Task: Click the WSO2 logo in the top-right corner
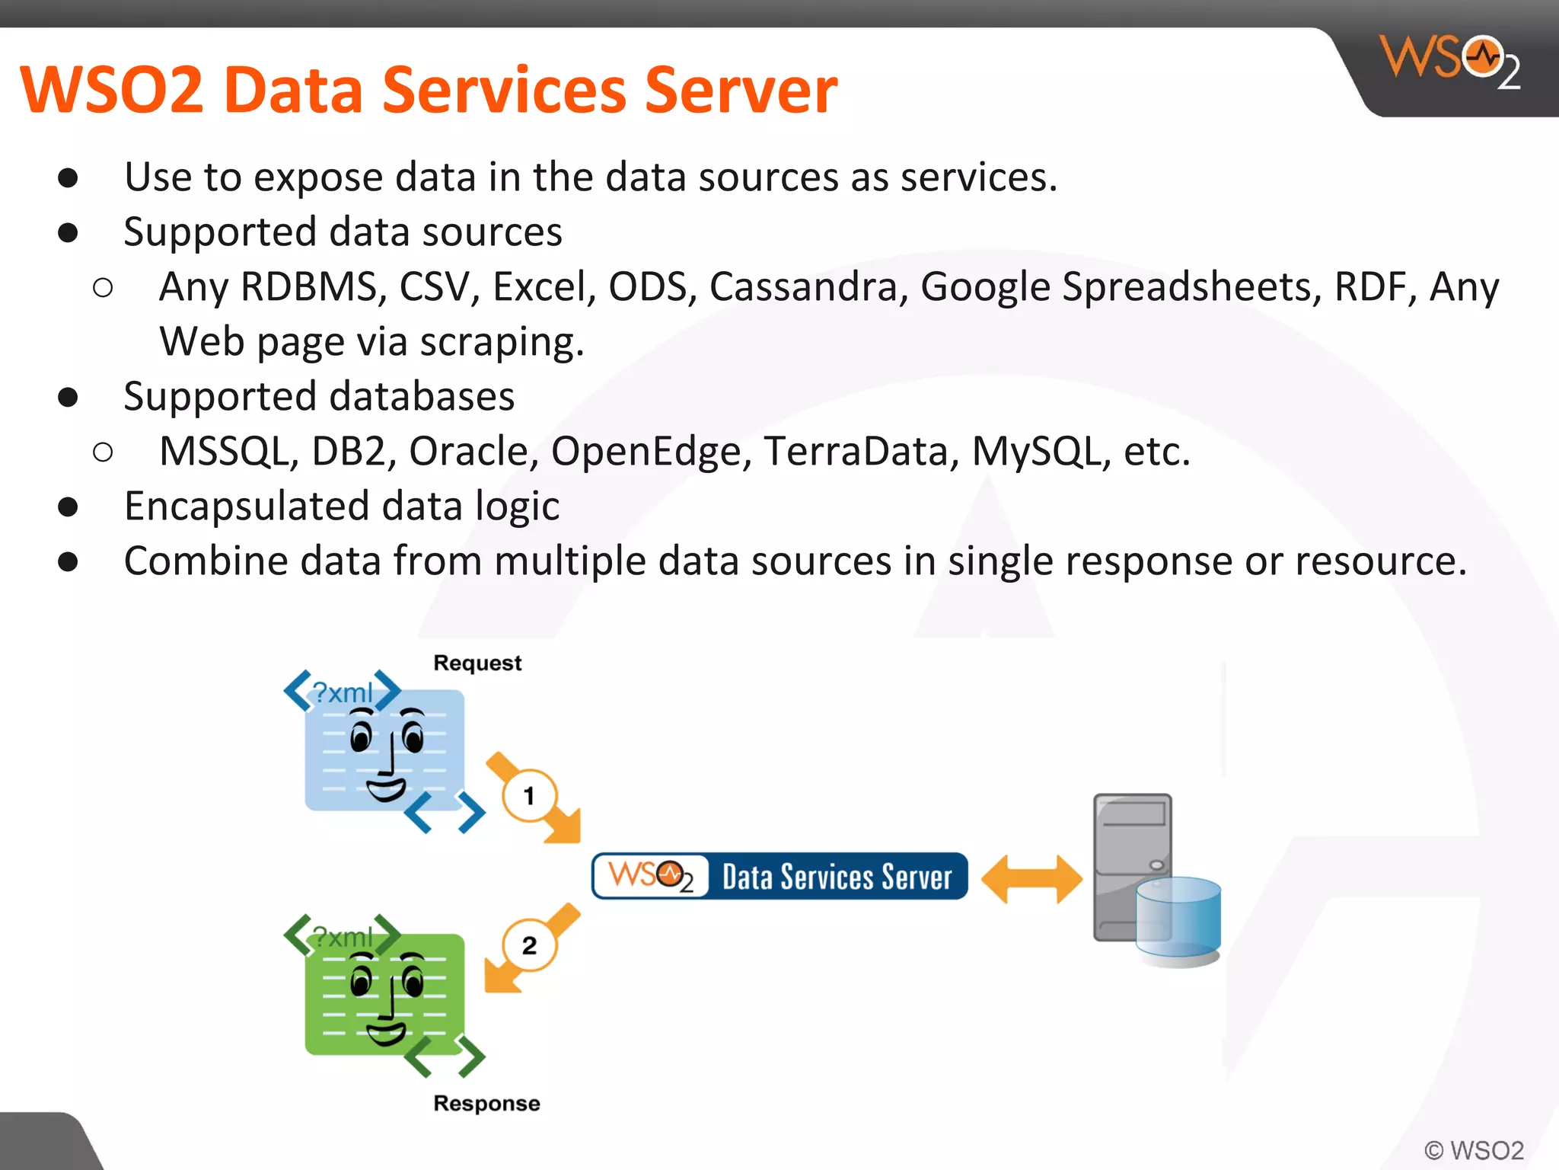(1450, 61)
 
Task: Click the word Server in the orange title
(740, 90)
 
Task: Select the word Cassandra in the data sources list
(804, 287)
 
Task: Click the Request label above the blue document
(477, 663)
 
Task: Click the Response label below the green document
(486, 1103)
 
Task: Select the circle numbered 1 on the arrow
(529, 797)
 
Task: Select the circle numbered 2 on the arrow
(529, 946)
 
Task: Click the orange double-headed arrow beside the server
(1031, 879)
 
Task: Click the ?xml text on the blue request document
(343, 693)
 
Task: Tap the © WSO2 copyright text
(1474, 1149)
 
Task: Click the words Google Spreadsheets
(1121, 287)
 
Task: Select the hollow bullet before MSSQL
(103, 452)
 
